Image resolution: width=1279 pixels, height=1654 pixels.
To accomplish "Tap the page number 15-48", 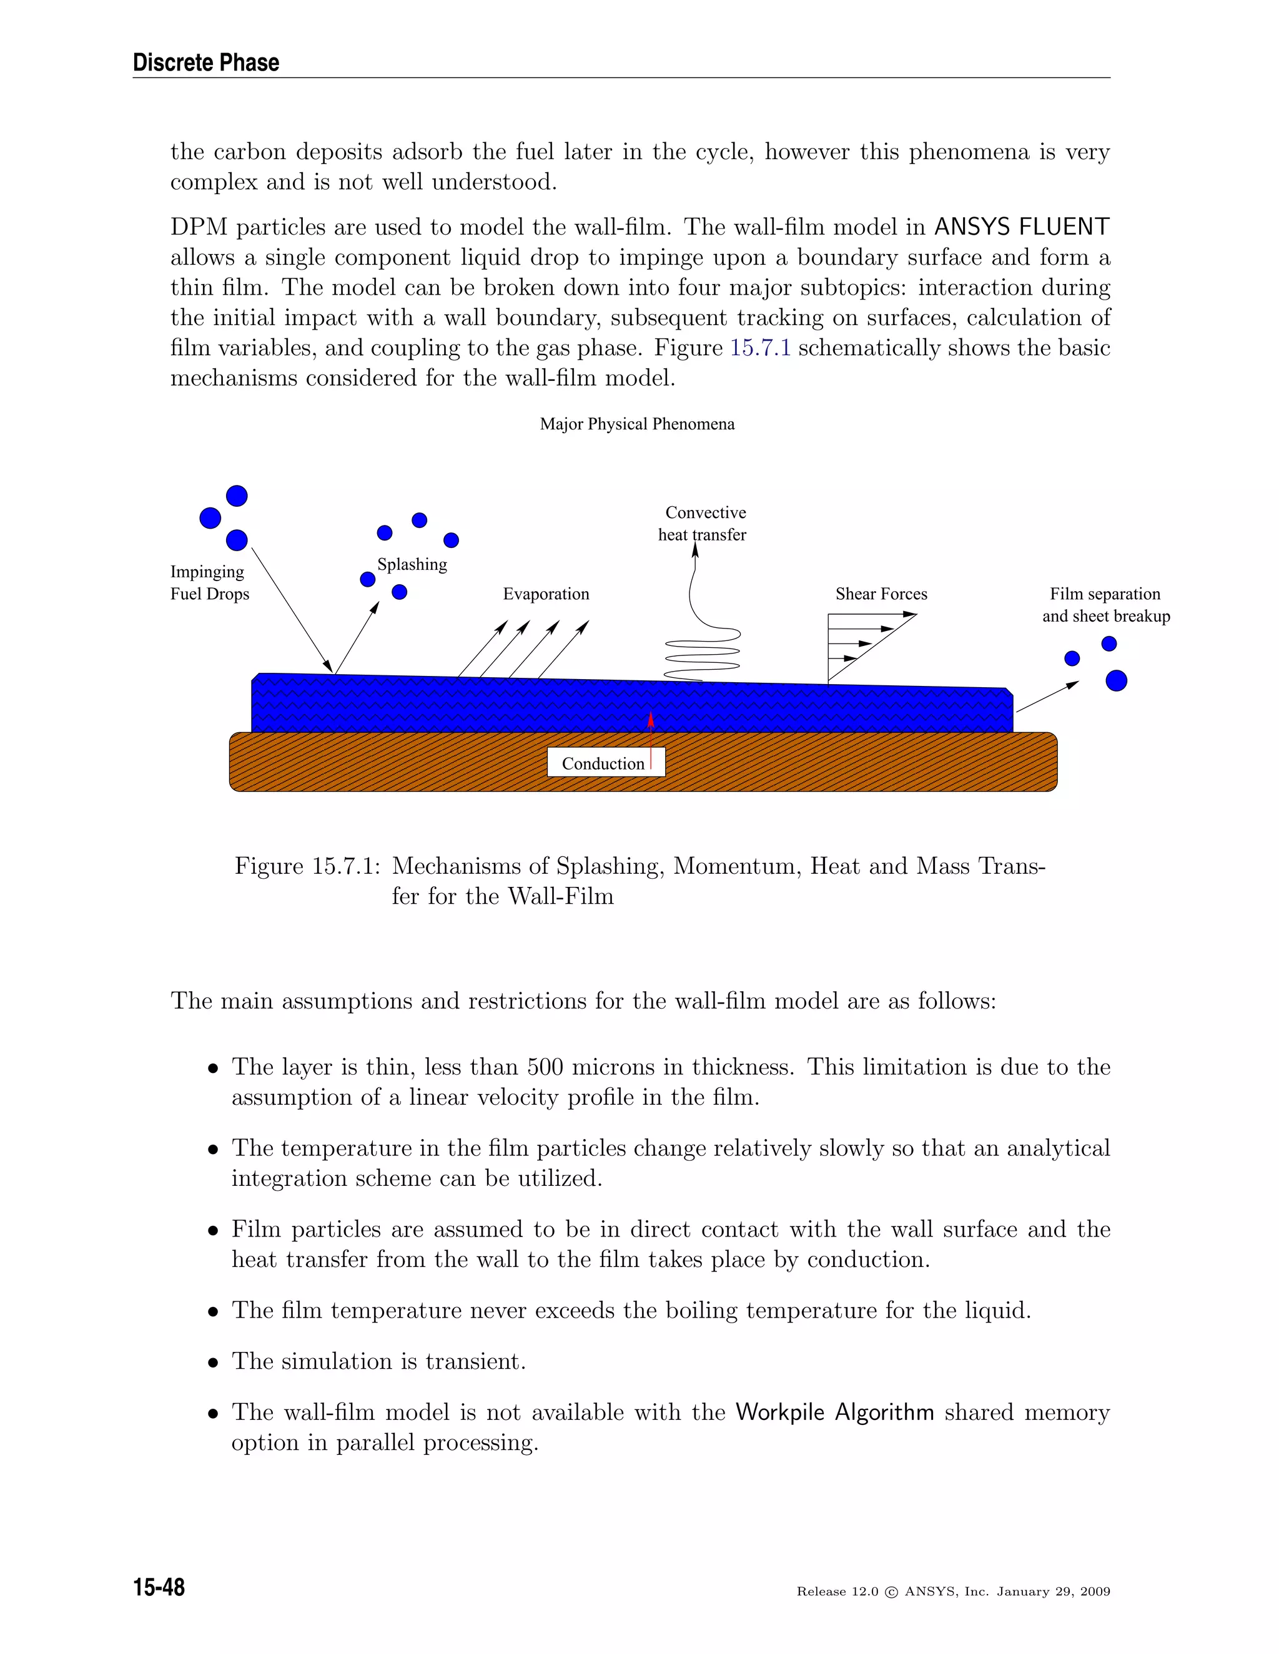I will [159, 1586].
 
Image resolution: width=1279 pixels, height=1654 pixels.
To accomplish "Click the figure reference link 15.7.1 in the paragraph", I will [760, 348].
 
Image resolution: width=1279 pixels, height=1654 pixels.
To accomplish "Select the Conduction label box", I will [605, 763].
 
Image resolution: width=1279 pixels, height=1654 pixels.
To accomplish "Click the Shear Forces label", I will [881, 594].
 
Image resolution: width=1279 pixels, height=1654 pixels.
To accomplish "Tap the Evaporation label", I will [546, 594].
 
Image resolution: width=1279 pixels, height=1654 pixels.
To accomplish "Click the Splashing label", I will [412, 564].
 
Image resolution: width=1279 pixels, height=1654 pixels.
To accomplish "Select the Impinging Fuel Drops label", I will [209, 582].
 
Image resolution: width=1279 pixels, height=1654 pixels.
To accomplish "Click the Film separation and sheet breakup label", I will [1105, 604].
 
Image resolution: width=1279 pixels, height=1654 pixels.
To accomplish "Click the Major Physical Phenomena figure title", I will [637, 424].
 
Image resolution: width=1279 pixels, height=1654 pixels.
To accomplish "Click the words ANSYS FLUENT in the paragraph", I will [1021, 227].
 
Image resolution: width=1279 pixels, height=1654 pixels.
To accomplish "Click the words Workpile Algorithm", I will [834, 1412].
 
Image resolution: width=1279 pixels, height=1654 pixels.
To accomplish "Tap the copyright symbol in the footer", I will [891, 1592].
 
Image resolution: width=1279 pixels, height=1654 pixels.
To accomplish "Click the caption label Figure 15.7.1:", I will [307, 866].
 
